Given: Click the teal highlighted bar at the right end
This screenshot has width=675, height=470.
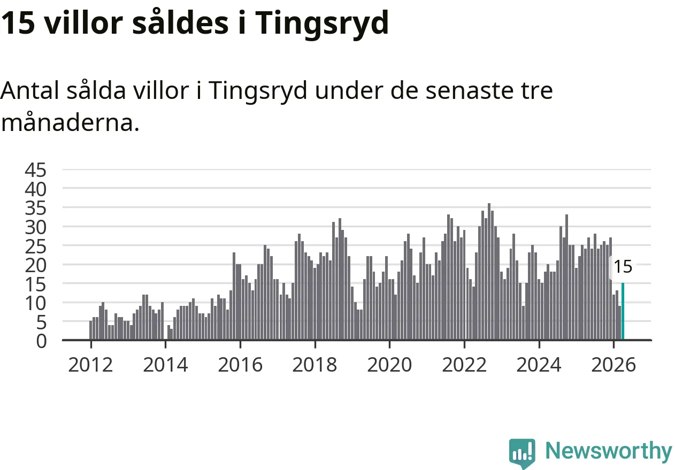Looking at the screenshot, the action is [623, 311].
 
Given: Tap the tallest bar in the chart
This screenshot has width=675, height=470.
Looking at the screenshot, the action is [489, 272].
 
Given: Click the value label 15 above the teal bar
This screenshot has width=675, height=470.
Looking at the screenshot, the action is [623, 267].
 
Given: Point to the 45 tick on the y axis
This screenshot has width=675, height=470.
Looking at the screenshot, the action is [35, 170].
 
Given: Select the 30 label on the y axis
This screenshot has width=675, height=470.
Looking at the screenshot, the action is [35, 227].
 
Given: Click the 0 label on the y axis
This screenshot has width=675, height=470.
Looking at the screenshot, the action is [42, 342].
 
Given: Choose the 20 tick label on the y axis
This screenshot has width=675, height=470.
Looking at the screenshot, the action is [35, 266].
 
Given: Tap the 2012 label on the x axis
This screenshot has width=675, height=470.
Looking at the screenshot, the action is [90, 365].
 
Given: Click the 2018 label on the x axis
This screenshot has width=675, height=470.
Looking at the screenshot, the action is [315, 365].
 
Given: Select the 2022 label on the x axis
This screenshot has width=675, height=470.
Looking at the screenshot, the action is [464, 365].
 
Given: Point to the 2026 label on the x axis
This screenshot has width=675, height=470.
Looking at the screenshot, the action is [613, 365].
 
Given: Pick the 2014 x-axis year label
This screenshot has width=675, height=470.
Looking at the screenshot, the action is [165, 365].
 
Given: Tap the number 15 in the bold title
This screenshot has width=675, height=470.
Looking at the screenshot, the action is [18, 22].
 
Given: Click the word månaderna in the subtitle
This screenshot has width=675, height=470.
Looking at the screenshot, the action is [70, 122].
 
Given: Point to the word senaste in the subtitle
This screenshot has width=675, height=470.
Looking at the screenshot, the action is [470, 90].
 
